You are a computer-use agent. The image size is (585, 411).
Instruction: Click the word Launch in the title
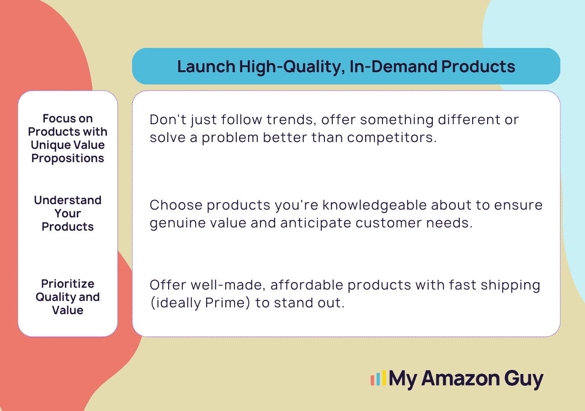206,66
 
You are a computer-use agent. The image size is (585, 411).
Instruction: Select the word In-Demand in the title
393,66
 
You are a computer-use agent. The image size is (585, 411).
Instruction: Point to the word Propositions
68,158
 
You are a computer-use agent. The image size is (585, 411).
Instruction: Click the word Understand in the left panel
68,200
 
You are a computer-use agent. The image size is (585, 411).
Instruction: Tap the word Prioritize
68,284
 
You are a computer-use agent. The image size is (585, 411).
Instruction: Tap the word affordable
307,285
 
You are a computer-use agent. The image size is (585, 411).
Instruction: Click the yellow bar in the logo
384,378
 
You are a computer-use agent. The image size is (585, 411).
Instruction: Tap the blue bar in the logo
378,379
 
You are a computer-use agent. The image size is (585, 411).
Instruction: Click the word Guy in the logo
524,379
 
